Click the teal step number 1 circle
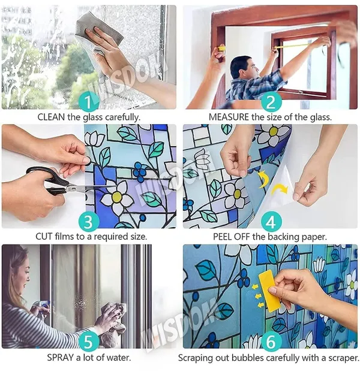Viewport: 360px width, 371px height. coord(89,102)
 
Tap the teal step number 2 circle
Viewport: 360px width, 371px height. coord(271,102)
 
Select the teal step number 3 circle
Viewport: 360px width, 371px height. coord(89,222)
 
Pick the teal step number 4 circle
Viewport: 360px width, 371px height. coord(271,222)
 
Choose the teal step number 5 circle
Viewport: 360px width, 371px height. coord(89,341)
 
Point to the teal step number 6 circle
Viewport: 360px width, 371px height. coord(271,341)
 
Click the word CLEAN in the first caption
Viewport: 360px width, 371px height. coord(51,117)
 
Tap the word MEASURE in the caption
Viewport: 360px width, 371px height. coord(229,117)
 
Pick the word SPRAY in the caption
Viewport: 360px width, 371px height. coord(60,357)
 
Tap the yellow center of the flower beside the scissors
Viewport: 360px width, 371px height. coord(116,197)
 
